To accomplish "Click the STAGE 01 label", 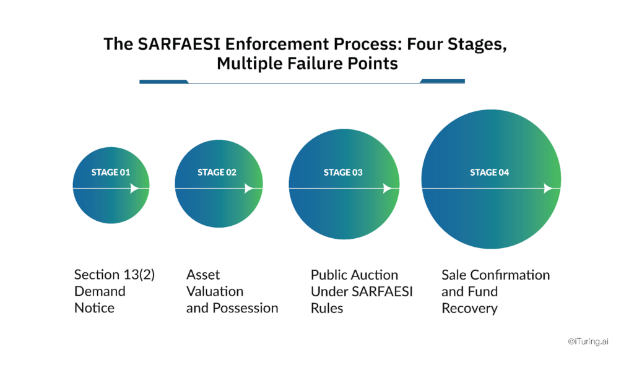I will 111,173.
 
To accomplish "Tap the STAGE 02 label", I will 217,173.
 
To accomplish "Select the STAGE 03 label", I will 343,173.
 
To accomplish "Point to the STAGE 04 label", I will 489,173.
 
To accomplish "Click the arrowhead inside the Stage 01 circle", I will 134,189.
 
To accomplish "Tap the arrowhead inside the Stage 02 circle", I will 248,189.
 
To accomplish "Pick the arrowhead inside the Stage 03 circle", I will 387,189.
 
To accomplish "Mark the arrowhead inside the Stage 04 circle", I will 547,189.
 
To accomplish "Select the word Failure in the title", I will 321,63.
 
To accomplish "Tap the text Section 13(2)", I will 115,275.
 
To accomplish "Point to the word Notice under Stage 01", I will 94,308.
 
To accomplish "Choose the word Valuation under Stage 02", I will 215,291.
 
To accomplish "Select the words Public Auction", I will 354,275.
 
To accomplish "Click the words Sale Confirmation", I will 495,275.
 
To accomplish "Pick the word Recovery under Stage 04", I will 469,308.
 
